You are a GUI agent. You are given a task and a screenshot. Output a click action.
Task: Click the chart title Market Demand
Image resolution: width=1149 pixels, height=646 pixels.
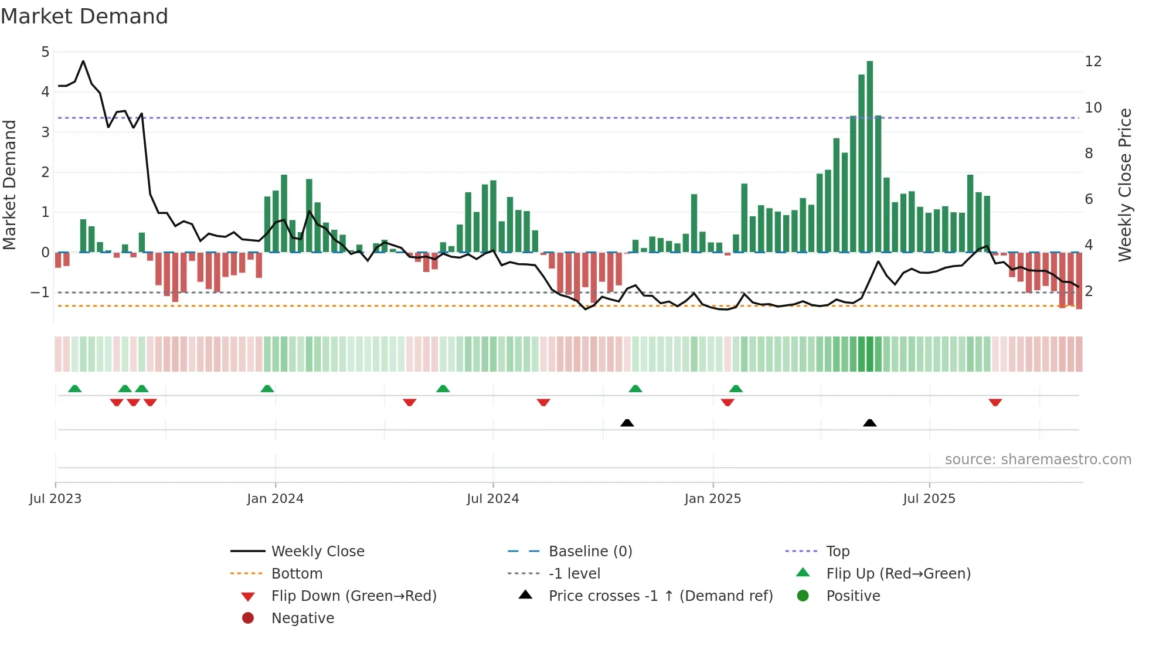coord(84,16)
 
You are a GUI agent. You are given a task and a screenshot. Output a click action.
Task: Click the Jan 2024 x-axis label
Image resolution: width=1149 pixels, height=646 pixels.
coord(275,498)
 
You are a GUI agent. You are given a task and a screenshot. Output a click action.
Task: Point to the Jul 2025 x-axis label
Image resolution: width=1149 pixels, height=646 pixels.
coord(929,498)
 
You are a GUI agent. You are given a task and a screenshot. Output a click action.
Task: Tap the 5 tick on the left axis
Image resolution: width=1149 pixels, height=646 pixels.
coord(45,52)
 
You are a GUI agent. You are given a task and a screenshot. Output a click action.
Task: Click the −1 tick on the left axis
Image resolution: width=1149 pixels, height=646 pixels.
coord(40,292)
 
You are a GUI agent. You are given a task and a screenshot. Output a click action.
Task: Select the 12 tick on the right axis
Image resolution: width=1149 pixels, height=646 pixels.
coord(1093,61)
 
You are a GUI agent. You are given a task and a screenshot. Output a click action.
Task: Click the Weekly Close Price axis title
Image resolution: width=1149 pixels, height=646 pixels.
coord(1124,185)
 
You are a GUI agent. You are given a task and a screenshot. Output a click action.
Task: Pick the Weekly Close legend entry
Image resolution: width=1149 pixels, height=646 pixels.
coord(317,551)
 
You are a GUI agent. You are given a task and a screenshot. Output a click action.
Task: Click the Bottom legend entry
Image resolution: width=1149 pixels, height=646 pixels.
coord(297,573)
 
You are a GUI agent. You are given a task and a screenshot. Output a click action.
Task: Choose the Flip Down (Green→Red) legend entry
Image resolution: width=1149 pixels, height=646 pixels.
coord(353,596)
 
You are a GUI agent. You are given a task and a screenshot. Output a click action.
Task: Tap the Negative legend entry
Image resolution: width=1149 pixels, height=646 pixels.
coord(302,618)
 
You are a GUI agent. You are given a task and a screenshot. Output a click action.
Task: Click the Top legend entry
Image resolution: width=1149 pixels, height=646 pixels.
coord(837,551)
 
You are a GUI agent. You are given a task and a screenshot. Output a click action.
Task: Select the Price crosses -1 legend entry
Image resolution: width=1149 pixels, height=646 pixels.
coord(660,596)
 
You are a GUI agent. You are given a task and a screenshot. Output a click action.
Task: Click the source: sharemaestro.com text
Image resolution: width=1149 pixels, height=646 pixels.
coord(1038,459)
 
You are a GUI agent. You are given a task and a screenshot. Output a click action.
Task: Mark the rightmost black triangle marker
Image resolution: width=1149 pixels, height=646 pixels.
coord(870,423)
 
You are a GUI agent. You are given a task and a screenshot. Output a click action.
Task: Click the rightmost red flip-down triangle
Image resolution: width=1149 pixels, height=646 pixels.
coord(995,402)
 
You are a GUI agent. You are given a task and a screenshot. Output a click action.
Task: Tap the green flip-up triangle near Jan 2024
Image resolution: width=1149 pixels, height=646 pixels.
coord(267,389)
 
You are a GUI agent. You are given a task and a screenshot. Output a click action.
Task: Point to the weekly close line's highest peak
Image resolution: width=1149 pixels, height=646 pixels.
coord(83,61)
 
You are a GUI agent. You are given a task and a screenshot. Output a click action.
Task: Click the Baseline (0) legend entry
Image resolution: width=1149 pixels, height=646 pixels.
coord(590,551)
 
